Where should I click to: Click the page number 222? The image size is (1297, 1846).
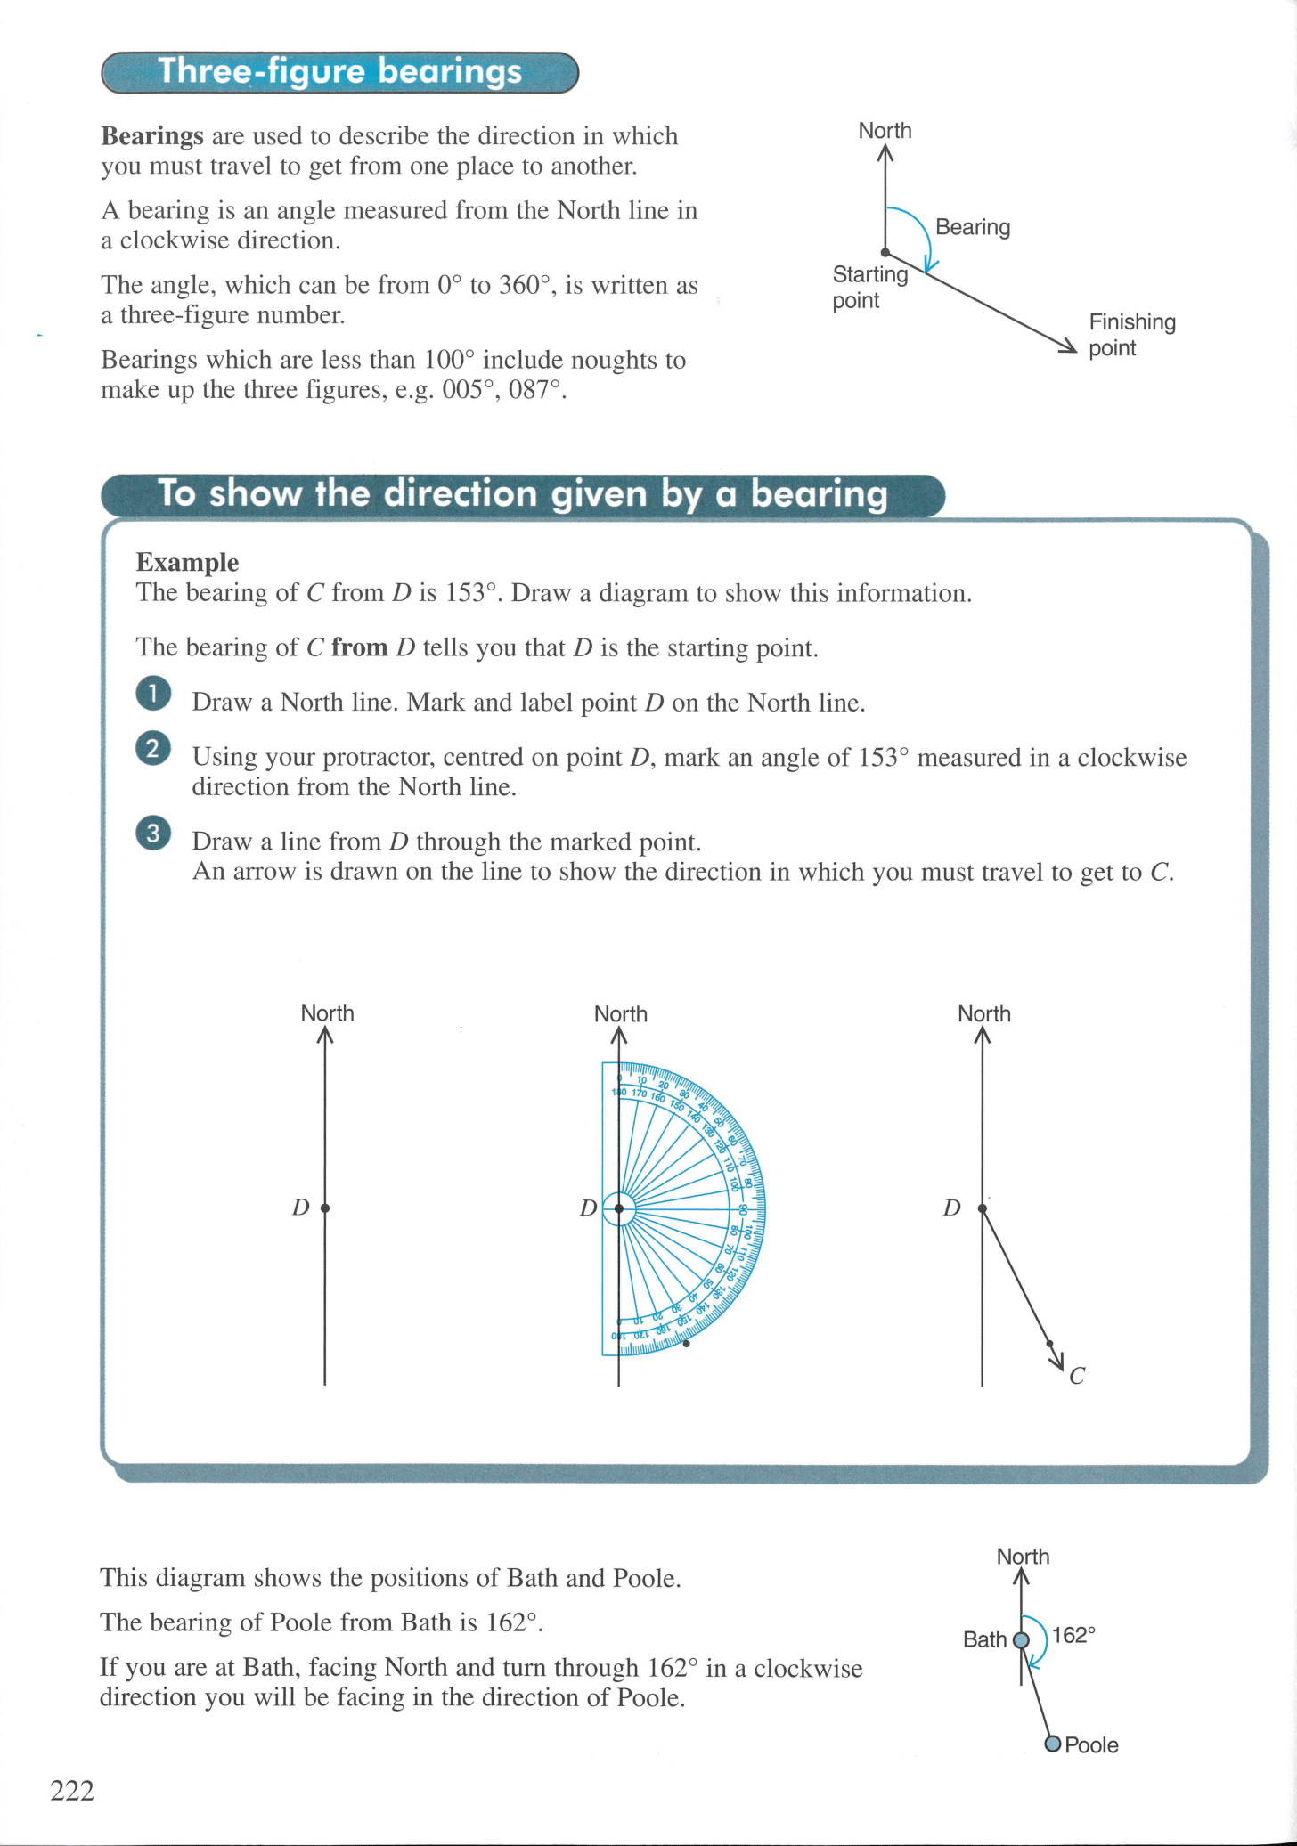coord(72,1790)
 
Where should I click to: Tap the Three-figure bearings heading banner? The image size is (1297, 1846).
coord(339,72)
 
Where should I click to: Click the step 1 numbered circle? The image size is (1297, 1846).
coord(153,695)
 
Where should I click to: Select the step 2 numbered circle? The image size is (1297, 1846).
coord(153,748)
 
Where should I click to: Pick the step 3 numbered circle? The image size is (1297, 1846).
coord(153,834)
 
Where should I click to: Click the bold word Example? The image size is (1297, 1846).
coord(187,562)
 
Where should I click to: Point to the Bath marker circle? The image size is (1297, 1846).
coord(1022,1640)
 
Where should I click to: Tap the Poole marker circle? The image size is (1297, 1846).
coord(1053,1744)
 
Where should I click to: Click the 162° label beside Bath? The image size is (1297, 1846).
coord(1073,1635)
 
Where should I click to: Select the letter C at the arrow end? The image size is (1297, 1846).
coord(1077,1377)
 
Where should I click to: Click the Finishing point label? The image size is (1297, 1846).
coord(1131,335)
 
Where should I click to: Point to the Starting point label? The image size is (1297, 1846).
coord(869,287)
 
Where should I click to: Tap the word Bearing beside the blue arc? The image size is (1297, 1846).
coord(973,227)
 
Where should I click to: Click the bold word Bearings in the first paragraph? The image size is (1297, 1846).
coord(152,136)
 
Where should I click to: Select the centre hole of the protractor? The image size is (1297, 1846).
coord(619,1208)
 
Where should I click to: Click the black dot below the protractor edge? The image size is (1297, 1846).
coord(686,1343)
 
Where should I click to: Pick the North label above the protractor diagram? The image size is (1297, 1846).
coord(621,1014)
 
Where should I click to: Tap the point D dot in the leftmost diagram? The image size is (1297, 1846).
coord(325,1208)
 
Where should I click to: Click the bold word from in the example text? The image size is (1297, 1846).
coord(359,647)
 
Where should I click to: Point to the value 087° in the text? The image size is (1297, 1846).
coord(536,390)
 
